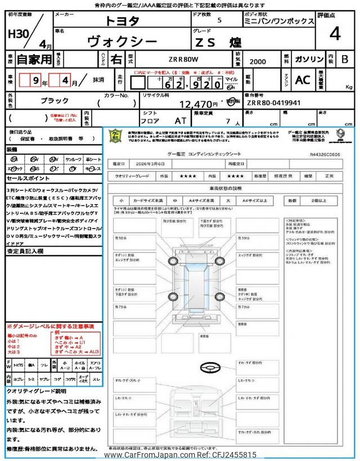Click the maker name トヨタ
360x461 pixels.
click(123, 21)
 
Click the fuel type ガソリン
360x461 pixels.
click(309, 59)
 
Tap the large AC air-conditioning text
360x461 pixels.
click(303, 80)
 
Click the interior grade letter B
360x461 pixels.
click(345, 59)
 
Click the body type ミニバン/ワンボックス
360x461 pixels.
click(279, 21)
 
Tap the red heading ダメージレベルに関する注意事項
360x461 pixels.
click(51, 326)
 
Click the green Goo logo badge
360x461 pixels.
click(115, 135)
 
